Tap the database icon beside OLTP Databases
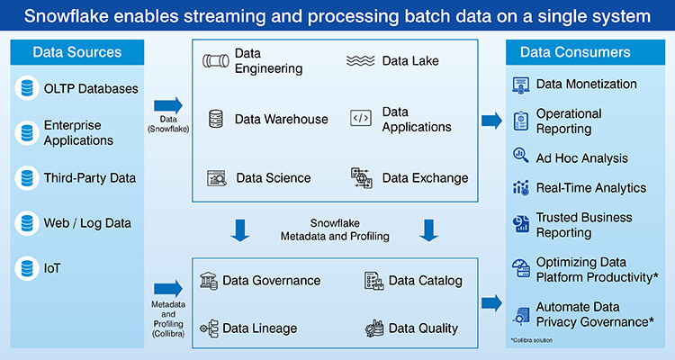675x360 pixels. click(26, 88)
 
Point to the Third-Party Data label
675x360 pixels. click(90, 177)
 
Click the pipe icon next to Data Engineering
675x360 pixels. click(216, 61)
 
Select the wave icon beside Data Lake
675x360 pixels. click(361, 61)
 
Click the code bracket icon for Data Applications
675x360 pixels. click(360, 118)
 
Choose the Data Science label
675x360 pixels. click(274, 177)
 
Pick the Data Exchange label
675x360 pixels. click(425, 177)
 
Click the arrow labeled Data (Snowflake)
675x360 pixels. click(168, 106)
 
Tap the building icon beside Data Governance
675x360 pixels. click(209, 280)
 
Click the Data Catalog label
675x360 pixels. click(425, 280)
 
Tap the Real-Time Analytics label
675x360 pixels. click(591, 187)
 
